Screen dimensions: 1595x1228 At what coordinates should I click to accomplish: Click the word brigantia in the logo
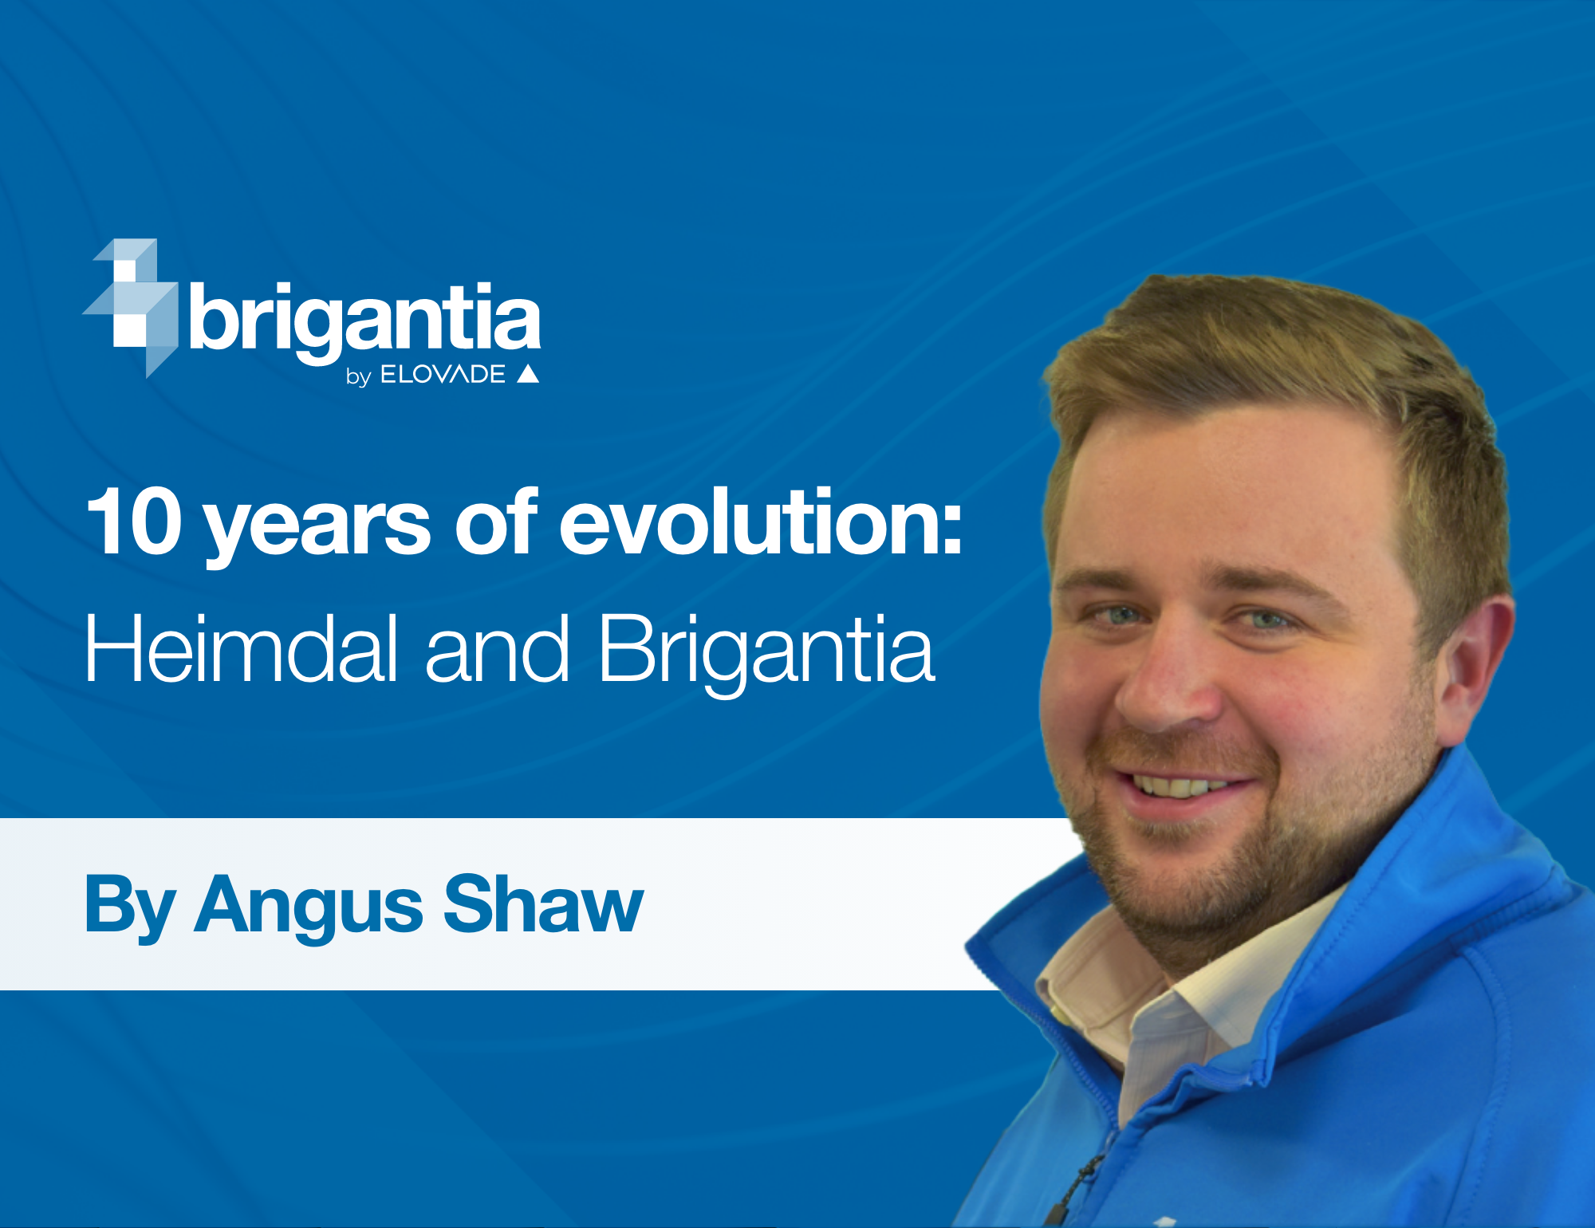tap(365, 321)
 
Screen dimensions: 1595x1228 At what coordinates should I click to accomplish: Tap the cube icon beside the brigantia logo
tap(131, 307)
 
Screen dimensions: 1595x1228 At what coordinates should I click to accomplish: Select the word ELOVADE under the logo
tap(443, 374)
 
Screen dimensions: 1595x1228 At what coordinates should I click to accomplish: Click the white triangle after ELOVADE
tap(528, 374)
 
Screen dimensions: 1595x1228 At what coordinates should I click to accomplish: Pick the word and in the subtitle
tap(498, 647)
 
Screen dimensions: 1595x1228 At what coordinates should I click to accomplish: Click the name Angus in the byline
tap(309, 907)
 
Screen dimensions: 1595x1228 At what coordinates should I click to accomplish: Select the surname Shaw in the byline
tap(543, 903)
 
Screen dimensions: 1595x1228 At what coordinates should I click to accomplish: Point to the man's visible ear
tap(1471, 670)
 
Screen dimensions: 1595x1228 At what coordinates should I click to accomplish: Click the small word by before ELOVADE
tap(359, 376)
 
